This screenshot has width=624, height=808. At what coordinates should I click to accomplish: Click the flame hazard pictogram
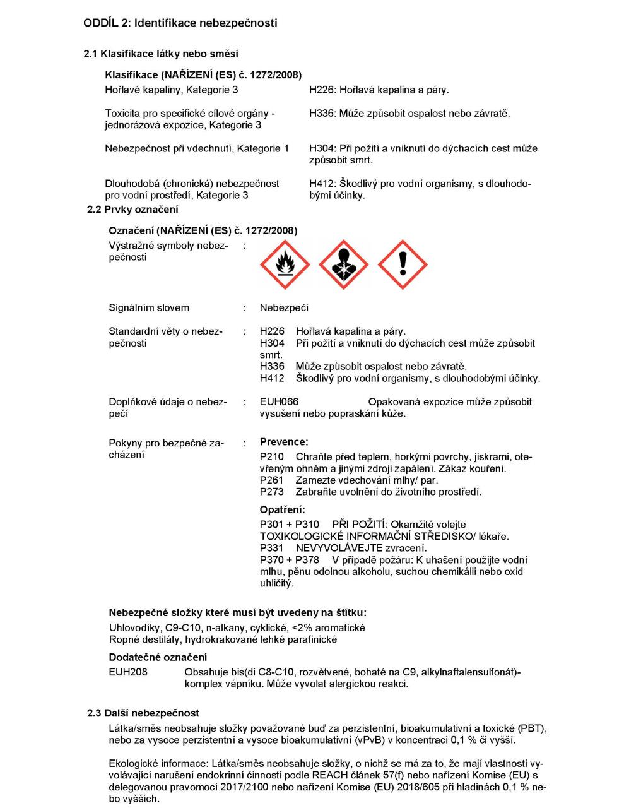[x=285, y=264]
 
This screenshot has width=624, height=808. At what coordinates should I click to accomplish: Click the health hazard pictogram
[x=343, y=264]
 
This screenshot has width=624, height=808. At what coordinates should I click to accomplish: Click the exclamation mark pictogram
[x=403, y=264]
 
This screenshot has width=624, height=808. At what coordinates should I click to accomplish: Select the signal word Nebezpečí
[x=284, y=308]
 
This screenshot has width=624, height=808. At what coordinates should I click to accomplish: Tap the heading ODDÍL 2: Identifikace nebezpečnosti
[x=180, y=23]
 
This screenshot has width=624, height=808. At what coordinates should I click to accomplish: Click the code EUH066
[x=279, y=402]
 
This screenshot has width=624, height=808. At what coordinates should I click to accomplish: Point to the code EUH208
[x=128, y=672]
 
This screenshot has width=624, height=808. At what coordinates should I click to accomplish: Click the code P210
[x=272, y=457]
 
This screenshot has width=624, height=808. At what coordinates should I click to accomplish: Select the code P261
[x=272, y=480]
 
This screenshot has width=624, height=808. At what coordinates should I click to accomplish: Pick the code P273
[x=272, y=492]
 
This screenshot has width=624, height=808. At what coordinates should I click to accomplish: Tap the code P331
[x=272, y=549]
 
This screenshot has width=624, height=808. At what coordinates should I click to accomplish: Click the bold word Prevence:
[x=284, y=443]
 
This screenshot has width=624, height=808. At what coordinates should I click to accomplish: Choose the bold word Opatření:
[x=282, y=510]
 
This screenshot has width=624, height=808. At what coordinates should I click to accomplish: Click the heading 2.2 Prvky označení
[x=132, y=210]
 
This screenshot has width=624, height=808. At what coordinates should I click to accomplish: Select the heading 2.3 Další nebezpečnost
[x=143, y=713]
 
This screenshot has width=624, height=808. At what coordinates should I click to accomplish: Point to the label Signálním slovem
[x=149, y=308]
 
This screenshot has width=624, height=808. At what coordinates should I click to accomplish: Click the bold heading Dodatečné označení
[x=158, y=658]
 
